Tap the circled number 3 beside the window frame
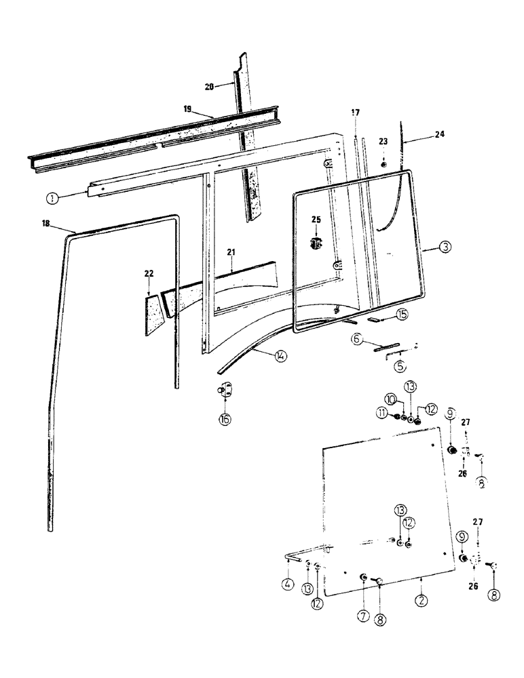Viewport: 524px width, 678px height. [x=444, y=247]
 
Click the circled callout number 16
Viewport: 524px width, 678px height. [x=225, y=419]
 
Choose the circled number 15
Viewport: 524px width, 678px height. [x=402, y=314]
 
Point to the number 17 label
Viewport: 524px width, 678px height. [x=355, y=112]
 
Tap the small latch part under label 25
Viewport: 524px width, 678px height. [x=316, y=243]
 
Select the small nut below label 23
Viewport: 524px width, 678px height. [x=383, y=165]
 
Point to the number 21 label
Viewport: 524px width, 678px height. [x=231, y=252]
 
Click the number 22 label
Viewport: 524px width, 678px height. [x=149, y=273]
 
